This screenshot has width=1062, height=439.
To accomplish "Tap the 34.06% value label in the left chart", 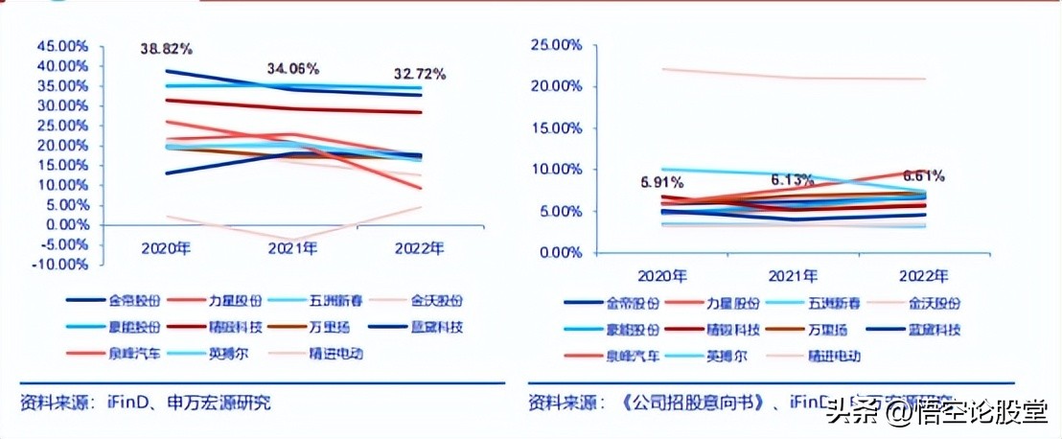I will click(x=292, y=69).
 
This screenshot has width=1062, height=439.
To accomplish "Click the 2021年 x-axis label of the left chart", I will click(x=292, y=249).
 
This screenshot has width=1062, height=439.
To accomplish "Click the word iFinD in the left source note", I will click(x=124, y=403).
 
